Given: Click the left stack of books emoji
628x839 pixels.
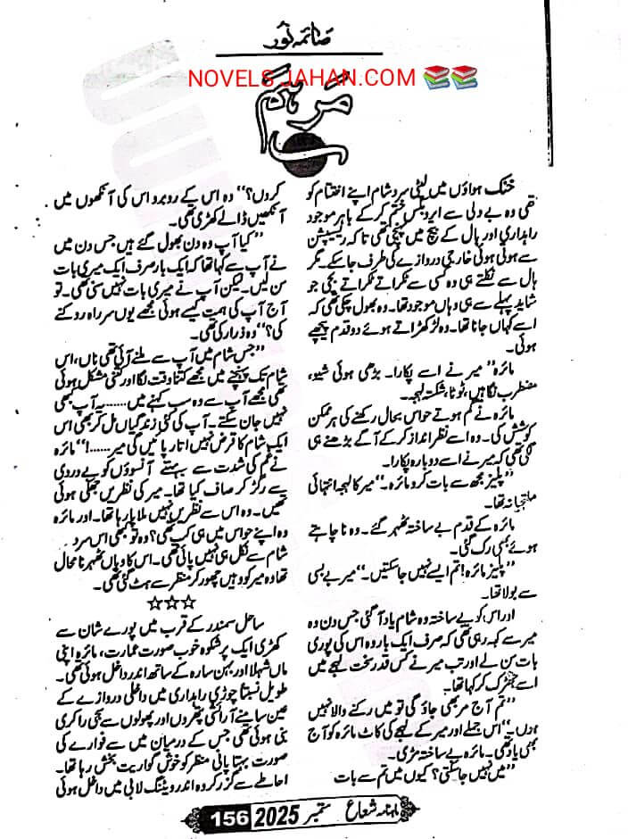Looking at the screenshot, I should pyautogui.click(x=429, y=77).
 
